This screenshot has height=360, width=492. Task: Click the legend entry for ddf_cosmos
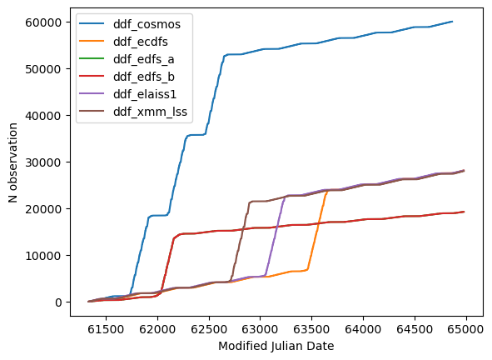[x=147, y=24]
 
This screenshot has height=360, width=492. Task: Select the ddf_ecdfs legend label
[x=141, y=42]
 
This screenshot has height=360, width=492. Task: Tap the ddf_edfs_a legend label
[x=144, y=59]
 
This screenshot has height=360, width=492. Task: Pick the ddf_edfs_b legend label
[x=144, y=77]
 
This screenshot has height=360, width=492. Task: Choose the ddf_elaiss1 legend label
[x=145, y=94]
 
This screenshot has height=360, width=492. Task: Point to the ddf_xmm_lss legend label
[x=151, y=112]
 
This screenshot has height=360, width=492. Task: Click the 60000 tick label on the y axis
[x=43, y=22]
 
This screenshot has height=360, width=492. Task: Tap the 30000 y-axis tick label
[x=43, y=162]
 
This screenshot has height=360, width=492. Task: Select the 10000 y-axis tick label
[x=43, y=256]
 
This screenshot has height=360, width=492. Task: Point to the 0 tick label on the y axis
[x=58, y=302]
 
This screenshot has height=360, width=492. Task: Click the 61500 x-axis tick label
[x=106, y=329]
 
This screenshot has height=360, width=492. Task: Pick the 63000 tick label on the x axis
[x=260, y=329]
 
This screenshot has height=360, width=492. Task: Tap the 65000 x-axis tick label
[x=466, y=329]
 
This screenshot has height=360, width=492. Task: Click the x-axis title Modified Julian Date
[x=276, y=346]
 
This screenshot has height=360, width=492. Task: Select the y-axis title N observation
[x=12, y=162]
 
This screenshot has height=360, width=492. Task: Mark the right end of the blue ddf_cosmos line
[x=453, y=22]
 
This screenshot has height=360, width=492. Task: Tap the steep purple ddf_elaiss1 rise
[x=276, y=236]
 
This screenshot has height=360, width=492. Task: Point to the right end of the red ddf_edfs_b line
[x=464, y=212]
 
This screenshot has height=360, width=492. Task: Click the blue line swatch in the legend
[x=92, y=23]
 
